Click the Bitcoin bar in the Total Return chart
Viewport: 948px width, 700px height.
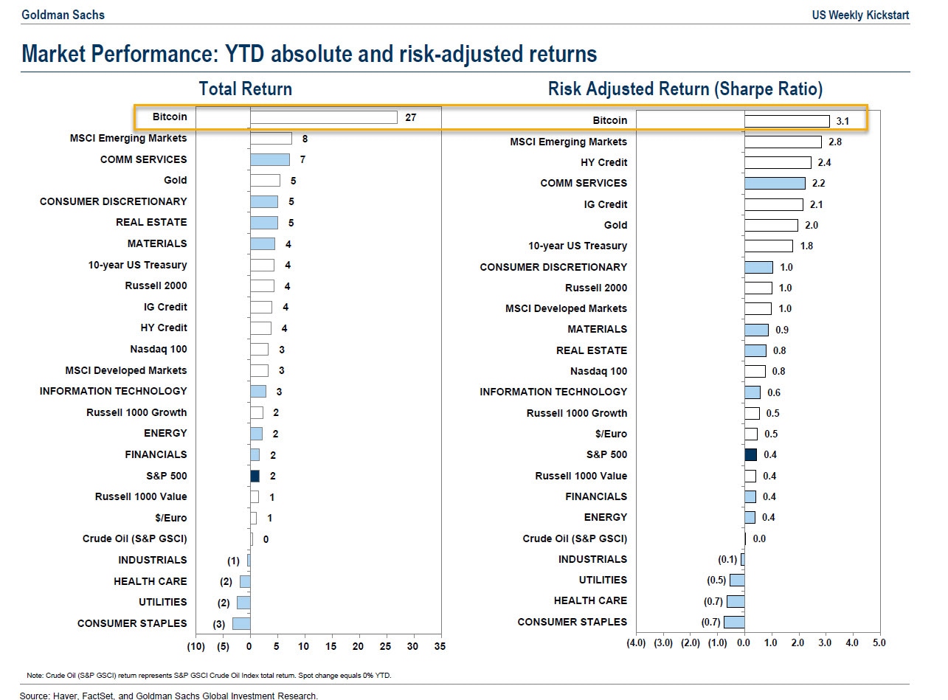tap(323, 117)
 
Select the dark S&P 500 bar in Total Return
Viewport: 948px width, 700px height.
tap(255, 476)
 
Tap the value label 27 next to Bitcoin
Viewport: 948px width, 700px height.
tap(411, 117)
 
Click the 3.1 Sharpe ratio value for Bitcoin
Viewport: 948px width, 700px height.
tap(843, 121)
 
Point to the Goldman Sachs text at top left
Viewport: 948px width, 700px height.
tap(52, 15)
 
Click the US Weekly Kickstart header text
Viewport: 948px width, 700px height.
tap(860, 15)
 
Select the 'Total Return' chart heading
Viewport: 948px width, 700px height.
tap(245, 89)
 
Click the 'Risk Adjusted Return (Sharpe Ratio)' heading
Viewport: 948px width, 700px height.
tap(685, 89)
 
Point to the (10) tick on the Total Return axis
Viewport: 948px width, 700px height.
tap(196, 646)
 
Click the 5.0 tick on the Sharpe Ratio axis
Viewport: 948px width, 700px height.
tap(879, 642)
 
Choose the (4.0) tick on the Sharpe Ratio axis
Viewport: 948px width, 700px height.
tap(636, 642)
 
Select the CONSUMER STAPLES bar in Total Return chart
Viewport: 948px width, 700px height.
tap(241, 623)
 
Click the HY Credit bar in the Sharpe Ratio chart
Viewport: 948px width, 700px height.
tap(778, 162)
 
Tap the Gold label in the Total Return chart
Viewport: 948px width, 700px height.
tap(176, 180)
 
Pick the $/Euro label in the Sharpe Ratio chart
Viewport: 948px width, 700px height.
tap(611, 434)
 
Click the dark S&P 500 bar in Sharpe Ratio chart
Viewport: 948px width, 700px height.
tap(750, 454)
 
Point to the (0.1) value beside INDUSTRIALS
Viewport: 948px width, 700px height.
tap(727, 560)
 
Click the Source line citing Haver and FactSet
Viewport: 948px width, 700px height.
tap(169, 695)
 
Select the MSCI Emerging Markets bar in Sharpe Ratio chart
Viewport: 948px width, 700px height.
tap(783, 142)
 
